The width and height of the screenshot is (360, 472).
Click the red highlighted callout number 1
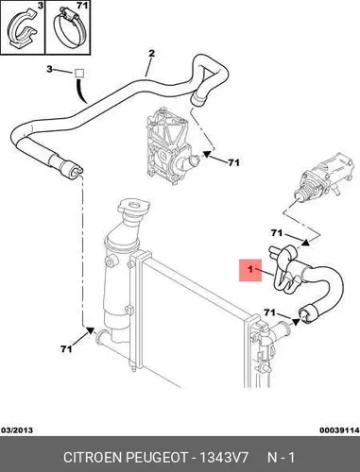[250, 270]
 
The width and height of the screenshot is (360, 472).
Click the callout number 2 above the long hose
[151, 54]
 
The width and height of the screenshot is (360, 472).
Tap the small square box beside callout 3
[79, 74]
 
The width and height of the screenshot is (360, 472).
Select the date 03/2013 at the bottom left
[17, 430]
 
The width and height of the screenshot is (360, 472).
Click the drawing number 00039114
[339, 430]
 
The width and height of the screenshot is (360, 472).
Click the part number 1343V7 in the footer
[223, 457]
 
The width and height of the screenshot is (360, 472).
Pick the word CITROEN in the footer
[94, 457]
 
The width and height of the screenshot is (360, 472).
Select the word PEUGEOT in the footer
[157, 457]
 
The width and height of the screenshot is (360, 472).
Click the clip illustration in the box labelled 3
[23, 29]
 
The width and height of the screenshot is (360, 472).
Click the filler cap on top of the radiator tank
[133, 206]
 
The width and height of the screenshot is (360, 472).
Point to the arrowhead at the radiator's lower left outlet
[90, 330]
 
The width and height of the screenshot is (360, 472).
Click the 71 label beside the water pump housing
[233, 162]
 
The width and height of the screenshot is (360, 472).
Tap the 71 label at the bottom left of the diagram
[66, 348]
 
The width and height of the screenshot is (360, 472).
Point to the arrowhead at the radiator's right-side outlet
[295, 322]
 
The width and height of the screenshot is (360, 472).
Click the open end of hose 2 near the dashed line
[77, 170]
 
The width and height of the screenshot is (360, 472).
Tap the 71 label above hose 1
[276, 233]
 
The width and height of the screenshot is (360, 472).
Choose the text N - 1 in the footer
[281, 457]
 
